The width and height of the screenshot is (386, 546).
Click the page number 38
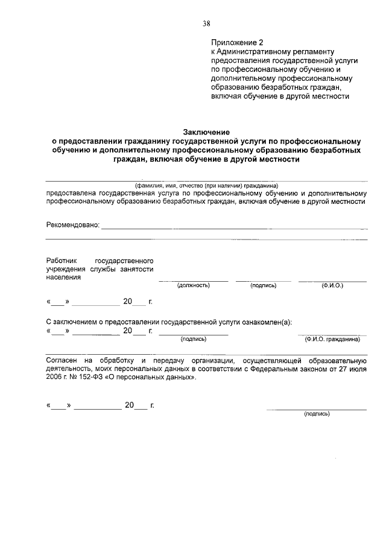click(206, 24)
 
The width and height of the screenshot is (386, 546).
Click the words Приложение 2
click(238, 43)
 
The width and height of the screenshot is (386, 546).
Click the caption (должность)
click(193, 285)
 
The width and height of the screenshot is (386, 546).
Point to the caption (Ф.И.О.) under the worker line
click(332, 285)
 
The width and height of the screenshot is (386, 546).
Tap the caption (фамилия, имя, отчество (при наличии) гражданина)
click(206, 186)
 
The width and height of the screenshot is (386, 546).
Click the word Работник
click(62, 260)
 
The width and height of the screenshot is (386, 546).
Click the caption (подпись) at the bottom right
click(317, 414)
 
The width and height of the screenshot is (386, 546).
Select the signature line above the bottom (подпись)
click(317, 409)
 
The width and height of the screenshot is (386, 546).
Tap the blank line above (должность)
click(193, 281)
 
